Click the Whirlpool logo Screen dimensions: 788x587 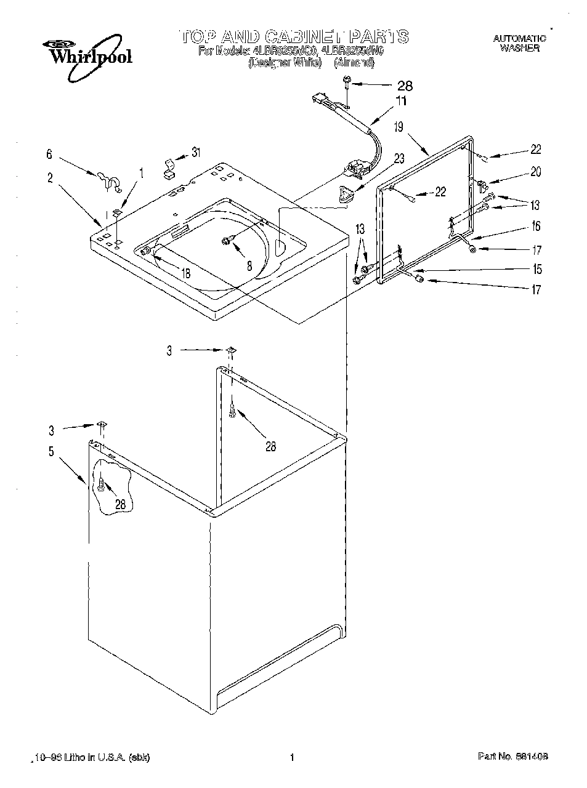click(x=87, y=55)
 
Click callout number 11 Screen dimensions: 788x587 click(x=401, y=102)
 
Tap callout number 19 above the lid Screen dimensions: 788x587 click(x=399, y=128)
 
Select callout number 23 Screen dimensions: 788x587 click(x=400, y=158)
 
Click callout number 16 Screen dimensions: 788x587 click(x=535, y=227)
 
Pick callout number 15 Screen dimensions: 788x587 click(x=538, y=269)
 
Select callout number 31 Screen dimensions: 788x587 click(x=196, y=152)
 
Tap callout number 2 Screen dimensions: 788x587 click(x=49, y=178)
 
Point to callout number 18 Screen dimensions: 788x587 click(x=185, y=273)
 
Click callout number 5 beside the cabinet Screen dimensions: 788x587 click(x=51, y=452)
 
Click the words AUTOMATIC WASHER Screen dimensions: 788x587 click(x=519, y=43)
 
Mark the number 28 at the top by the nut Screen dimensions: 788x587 click(x=404, y=86)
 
